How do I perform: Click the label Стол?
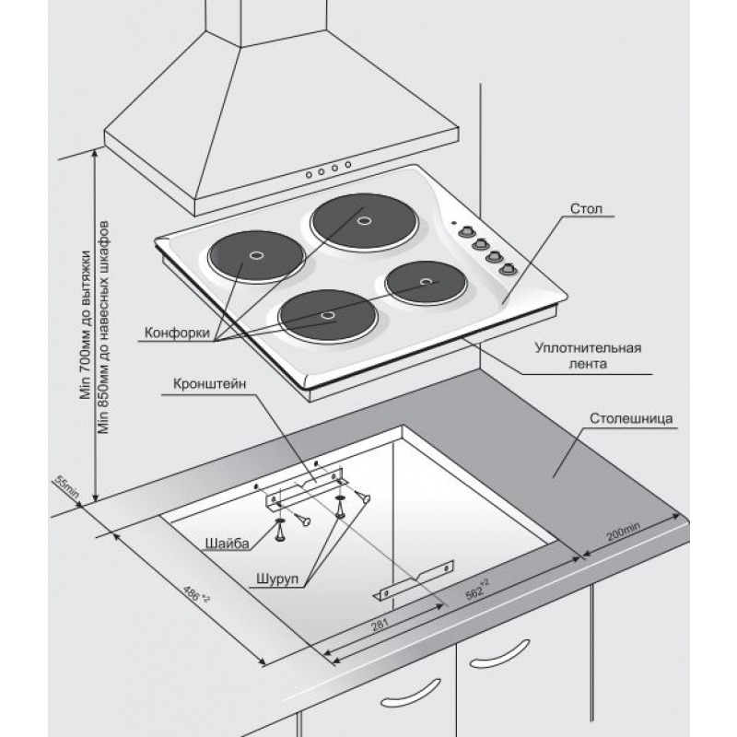pyautogui.click(x=586, y=208)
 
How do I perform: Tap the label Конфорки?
pyautogui.click(x=177, y=333)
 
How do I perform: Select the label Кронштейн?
pyautogui.click(x=210, y=384)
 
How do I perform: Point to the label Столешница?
pyautogui.click(x=631, y=418)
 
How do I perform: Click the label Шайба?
pyautogui.click(x=227, y=544)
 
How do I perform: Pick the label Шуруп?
pyautogui.click(x=277, y=579)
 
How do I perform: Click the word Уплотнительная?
pyautogui.click(x=588, y=348)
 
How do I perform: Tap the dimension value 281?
pyautogui.click(x=380, y=625)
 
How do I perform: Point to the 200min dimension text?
pyautogui.click(x=624, y=532)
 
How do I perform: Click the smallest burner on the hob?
pyautogui.click(x=426, y=282)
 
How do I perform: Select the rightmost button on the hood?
pyautogui.click(x=348, y=165)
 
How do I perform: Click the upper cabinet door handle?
pyautogui.click(x=499, y=653)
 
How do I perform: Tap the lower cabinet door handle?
pyautogui.click(x=410, y=693)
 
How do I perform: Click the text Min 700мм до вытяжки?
pyautogui.click(x=85, y=324)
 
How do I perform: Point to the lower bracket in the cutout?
pyautogui.click(x=414, y=580)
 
